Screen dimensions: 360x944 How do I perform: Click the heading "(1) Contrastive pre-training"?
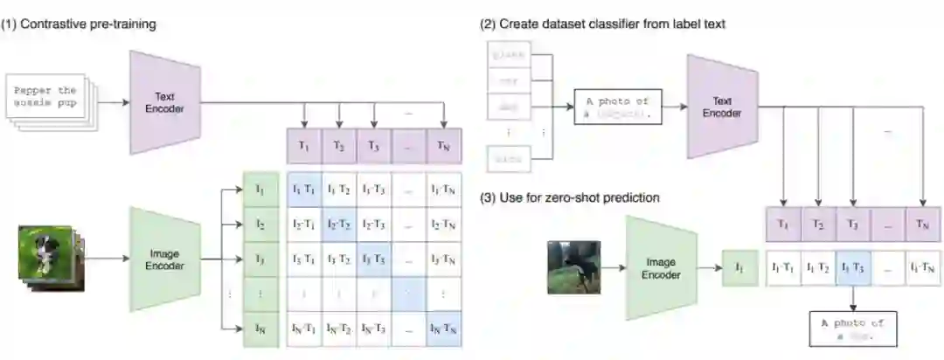79,24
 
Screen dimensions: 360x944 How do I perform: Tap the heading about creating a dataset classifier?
602,24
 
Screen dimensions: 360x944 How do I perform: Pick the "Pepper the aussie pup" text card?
45,96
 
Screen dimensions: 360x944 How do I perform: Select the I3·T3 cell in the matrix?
374,260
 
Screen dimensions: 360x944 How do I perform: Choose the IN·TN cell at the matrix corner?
444,329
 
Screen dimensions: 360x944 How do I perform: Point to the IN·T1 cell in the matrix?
304,329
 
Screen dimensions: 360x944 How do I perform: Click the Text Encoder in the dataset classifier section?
721,107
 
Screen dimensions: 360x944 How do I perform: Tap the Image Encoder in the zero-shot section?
661,267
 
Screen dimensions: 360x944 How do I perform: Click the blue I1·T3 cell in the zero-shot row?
853,267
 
